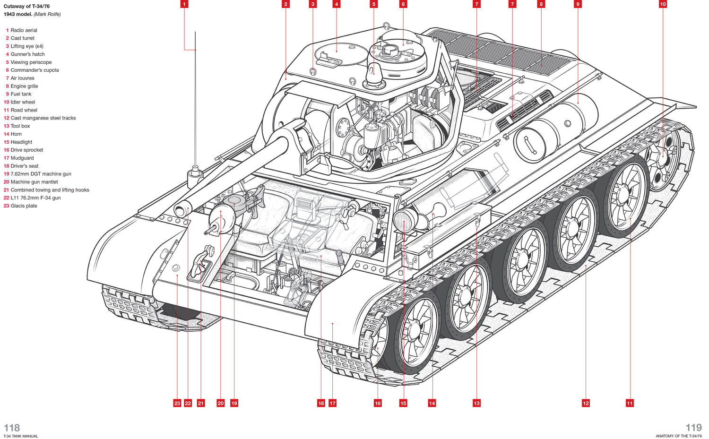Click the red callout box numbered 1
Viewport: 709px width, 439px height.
tap(184, 4)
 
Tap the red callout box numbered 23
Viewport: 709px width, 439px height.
tap(177, 403)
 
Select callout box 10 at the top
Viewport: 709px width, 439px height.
tap(663, 4)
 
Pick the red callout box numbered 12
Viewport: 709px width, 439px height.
tap(586, 403)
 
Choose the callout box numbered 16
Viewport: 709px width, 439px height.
tap(378, 403)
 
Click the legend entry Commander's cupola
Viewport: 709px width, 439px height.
tap(35, 70)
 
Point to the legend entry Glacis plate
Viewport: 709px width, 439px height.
tap(24, 206)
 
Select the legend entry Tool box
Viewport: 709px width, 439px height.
tap(20, 126)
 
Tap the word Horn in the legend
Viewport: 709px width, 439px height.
tap(16, 134)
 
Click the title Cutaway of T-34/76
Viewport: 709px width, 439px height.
tap(26, 6)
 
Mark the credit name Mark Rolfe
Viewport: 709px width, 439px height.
tap(47, 14)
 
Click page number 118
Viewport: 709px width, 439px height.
tap(12, 428)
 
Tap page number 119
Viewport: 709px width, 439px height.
tap(693, 428)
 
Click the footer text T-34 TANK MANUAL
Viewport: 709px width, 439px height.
tap(21, 436)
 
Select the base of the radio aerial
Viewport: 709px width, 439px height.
tap(195, 177)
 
